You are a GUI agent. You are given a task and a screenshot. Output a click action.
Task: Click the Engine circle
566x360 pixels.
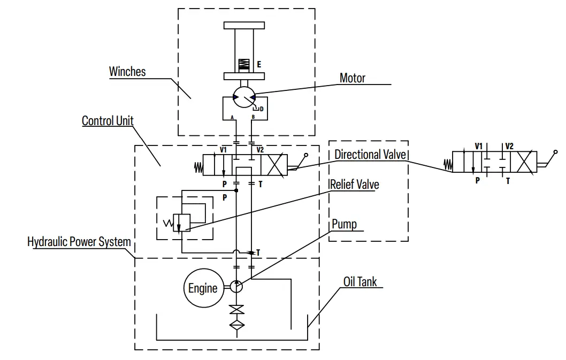click(203, 288)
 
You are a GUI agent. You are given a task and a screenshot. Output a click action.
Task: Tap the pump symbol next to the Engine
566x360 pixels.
click(236, 286)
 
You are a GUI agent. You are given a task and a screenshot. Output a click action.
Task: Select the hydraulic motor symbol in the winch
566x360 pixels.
click(244, 98)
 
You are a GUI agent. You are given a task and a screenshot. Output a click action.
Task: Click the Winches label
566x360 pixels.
click(127, 72)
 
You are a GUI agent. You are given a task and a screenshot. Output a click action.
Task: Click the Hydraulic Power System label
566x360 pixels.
click(79, 242)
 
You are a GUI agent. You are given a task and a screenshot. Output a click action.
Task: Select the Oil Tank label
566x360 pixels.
click(360, 281)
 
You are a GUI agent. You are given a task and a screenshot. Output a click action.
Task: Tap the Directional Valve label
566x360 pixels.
click(370, 155)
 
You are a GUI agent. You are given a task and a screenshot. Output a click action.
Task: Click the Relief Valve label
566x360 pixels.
click(355, 185)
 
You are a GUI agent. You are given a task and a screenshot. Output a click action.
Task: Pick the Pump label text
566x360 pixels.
click(344, 223)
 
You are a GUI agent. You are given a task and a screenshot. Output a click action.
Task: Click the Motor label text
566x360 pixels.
click(353, 78)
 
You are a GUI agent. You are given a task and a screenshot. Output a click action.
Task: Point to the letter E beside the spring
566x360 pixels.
click(259, 64)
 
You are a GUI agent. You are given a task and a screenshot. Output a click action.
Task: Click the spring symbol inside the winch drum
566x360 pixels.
click(244, 64)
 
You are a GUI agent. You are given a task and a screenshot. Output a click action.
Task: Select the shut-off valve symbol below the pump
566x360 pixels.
click(236, 310)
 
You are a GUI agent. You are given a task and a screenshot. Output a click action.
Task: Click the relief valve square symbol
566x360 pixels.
click(182, 222)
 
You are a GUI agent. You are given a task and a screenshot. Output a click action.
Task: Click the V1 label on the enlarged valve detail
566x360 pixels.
click(479, 146)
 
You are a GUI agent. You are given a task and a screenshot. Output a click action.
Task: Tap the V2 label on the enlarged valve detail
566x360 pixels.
click(509, 146)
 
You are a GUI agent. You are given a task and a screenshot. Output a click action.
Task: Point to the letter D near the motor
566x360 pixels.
click(261, 109)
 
